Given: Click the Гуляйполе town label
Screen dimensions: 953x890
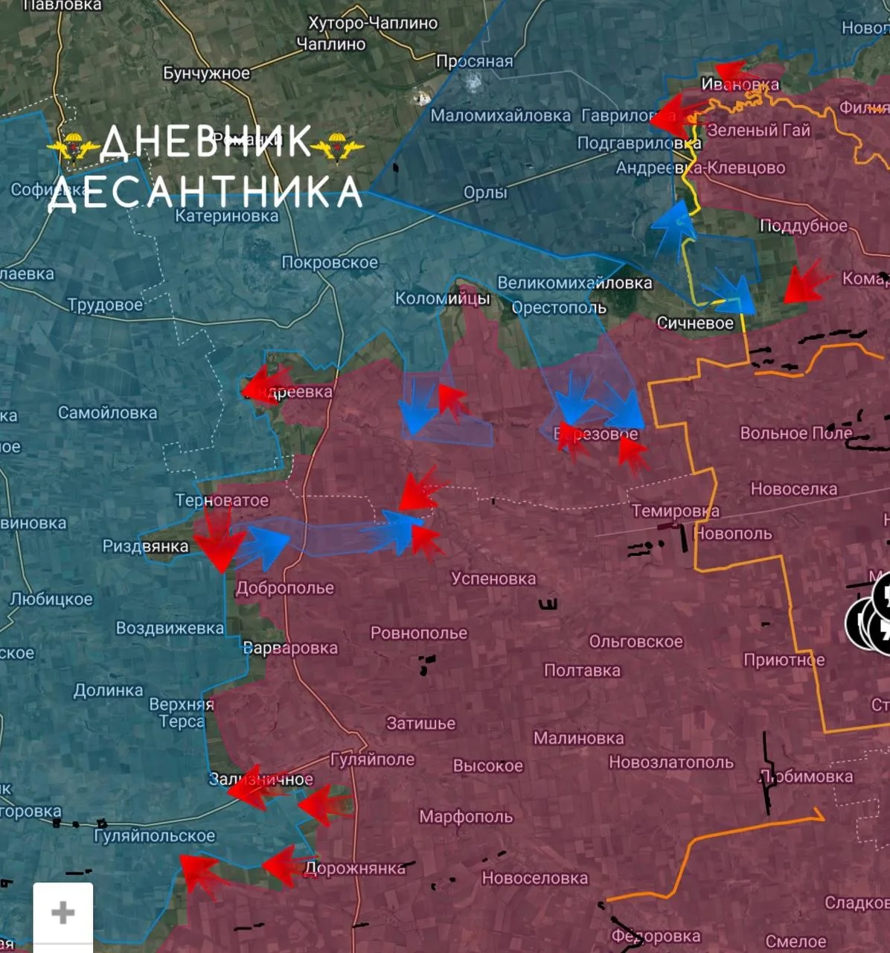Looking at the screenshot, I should (372, 759).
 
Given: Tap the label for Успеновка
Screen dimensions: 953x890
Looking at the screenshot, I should (493, 579).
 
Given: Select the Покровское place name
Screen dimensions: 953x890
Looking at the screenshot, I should (330, 262).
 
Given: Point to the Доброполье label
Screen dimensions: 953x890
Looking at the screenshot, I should (285, 588).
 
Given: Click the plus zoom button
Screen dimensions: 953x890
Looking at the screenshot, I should (63, 912).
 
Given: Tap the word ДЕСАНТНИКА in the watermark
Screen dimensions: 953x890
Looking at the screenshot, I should (205, 192).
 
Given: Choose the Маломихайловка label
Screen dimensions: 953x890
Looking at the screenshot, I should (500, 115).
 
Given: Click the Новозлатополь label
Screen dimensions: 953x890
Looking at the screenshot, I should (670, 762).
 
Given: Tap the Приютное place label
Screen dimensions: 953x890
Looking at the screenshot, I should (784, 660).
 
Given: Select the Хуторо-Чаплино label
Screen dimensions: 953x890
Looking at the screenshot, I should (373, 23).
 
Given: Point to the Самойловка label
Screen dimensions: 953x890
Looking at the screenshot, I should (107, 412).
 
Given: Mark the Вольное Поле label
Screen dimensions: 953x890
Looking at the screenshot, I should (795, 433).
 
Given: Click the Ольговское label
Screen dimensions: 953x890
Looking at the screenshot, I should (636, 641).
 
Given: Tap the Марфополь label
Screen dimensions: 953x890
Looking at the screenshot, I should (466, 817).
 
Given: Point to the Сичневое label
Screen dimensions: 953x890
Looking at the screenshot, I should (694, 323).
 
